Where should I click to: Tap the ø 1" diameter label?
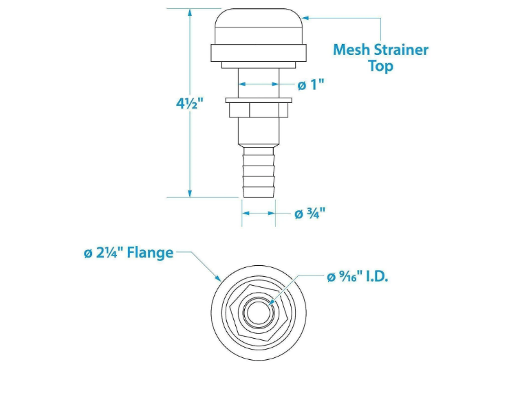[310, 84]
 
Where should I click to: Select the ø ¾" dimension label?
[310, 214]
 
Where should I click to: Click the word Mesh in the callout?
[351, 50]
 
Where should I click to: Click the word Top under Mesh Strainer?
[380, 67]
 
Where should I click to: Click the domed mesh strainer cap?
[259, 26]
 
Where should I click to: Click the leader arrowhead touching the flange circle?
[219, 280]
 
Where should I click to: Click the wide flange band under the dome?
[259, 53]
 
